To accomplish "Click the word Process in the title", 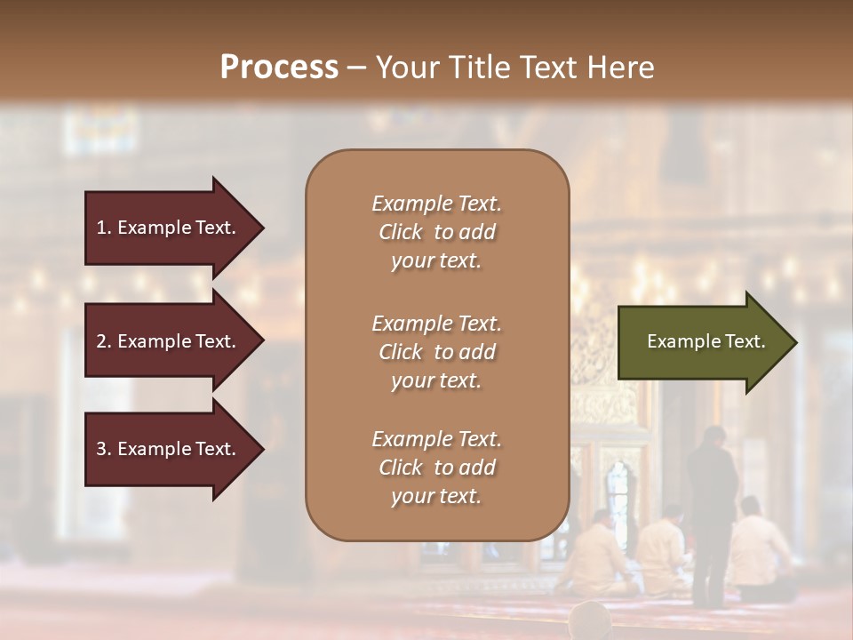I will [279, 68].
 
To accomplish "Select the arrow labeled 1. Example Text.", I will [169, 228].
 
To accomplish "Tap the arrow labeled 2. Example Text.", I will [169, 341].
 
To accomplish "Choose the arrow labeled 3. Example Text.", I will [169, 449].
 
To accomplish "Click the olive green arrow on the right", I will [702, 342].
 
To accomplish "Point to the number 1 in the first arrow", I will [101, 228].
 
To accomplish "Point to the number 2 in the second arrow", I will [102, 341].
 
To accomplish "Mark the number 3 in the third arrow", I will [102, 449].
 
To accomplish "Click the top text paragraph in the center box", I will [436, 232].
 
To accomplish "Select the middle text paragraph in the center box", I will [436, 352].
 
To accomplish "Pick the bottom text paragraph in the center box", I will [436, 468].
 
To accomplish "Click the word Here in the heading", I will [623, 68].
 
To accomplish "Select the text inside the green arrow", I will [706, 341].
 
